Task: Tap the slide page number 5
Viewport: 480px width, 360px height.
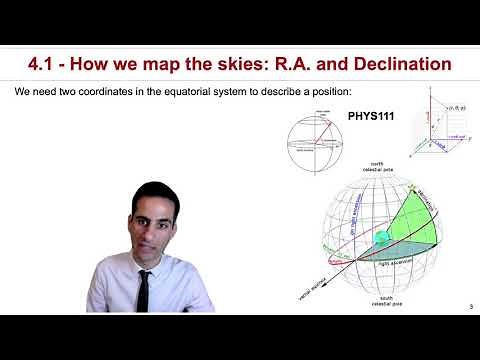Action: coord(469,307)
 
